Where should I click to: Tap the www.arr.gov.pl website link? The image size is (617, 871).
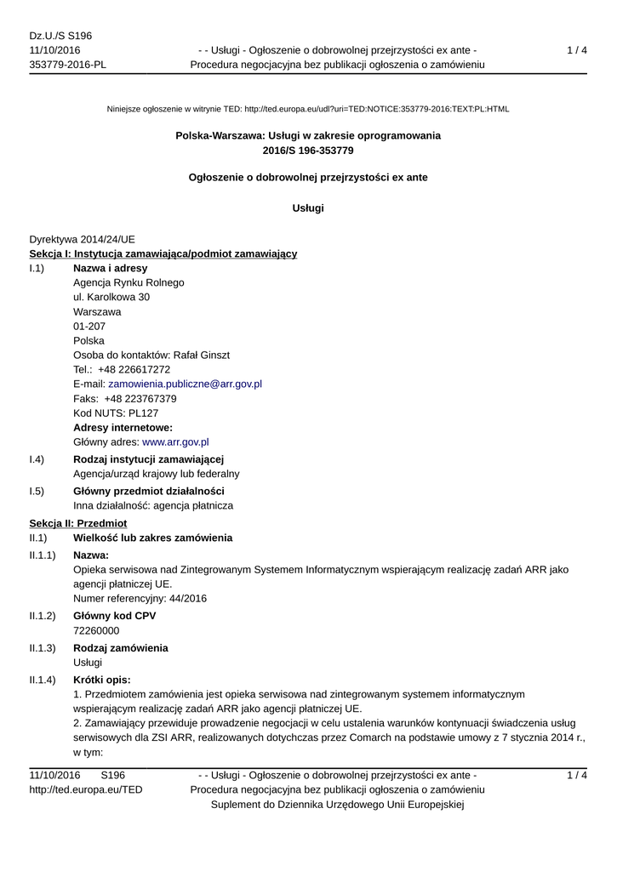tap(175, 442)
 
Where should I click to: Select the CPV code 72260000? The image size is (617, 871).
tap(96, 630)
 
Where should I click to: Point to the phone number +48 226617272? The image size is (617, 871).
tap(134, 370)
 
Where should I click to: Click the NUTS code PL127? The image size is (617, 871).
tap(140, 413)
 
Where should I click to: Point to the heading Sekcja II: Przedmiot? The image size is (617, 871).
tap(77, 524)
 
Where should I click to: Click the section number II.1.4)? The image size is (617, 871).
tap(43, 680)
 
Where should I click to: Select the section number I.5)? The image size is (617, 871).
tap(37, 492)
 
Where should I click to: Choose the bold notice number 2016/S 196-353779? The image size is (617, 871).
tap(308, 151)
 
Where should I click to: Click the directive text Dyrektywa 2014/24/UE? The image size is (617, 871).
tap(82, 240)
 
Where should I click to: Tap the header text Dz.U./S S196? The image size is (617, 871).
tap(60, 36)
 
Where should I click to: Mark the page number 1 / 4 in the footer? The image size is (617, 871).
tap(577, 775)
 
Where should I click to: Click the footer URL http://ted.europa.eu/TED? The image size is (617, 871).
tap(86, 790)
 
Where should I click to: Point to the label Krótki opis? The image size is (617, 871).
tap(102, 680)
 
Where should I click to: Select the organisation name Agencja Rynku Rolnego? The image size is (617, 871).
tap(129, 283)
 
